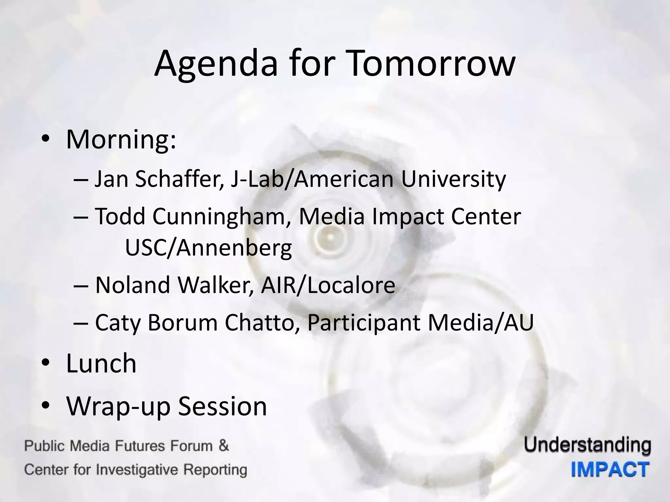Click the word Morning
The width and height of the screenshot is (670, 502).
[121, 140]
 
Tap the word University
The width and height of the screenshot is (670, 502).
[453, 179]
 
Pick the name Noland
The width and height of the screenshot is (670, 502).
[133, 285]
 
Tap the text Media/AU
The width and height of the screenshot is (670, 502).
[481, 322]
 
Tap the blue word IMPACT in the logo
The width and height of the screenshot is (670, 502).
[610, 470]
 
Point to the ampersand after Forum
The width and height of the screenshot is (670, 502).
[223, 446]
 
